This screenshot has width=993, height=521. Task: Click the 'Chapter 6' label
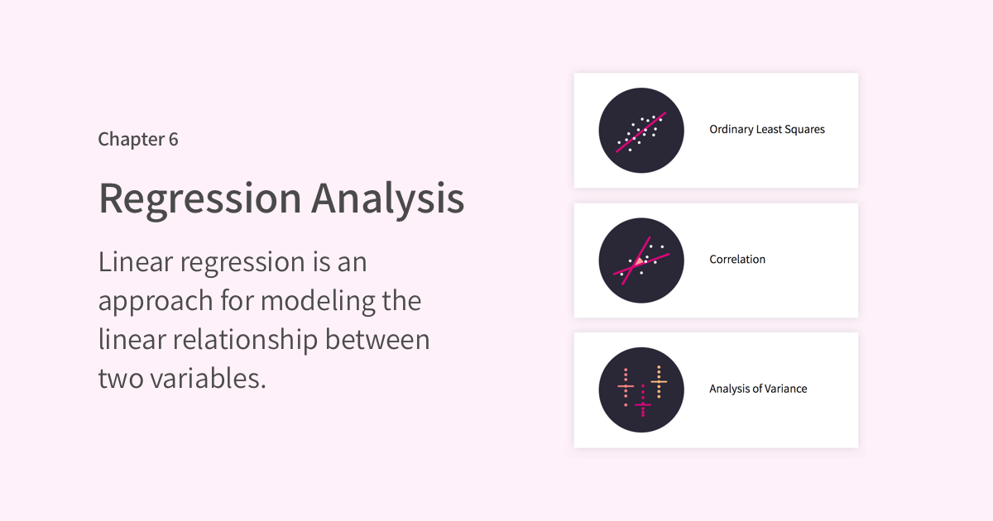coord(138,140)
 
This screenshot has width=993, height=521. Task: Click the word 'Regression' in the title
coord(200,199)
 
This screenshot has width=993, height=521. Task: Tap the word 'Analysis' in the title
coord(388,199)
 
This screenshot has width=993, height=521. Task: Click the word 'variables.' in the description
coord(208,379)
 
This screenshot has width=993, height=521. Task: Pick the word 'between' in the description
coord(377,340)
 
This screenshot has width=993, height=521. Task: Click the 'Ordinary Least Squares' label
coord(767,129)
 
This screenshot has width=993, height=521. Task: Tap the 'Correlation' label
coord(737,259)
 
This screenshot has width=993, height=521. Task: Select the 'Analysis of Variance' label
coord(758,389)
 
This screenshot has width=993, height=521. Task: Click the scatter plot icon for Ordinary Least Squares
coord(641,131)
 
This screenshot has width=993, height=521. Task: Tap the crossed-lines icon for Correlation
coord(641,260)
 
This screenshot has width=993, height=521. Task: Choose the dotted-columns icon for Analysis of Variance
coord(641,390)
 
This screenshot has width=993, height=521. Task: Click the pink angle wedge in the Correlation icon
coord(639,262)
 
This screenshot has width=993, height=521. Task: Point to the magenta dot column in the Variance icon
coord(643,401)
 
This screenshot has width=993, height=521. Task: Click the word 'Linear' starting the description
coord(136,262)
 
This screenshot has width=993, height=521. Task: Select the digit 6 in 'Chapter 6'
coord(173,140)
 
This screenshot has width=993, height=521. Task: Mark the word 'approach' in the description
coord(156,302)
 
